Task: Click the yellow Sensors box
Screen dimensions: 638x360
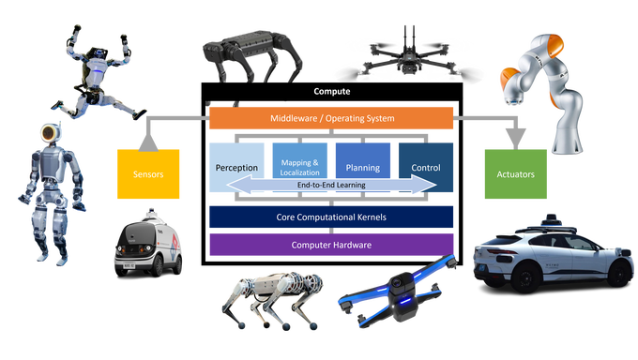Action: tap(148, 174)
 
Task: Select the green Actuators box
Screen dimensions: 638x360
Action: tap(515, 174)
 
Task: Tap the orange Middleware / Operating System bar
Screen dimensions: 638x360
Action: tap(331, 118)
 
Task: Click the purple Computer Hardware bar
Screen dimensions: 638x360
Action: tap(331, 245)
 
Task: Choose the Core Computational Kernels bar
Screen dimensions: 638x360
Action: tap(331, 217)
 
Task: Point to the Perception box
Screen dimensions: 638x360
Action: tap(236, 167)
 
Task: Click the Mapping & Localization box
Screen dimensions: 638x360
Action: tap(299, 167)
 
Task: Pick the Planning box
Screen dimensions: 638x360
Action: tap(362, 167)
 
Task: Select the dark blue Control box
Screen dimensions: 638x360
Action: tap(426, 167)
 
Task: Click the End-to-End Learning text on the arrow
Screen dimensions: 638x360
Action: tap(331, 185)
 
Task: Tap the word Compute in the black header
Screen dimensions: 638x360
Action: tap(331, 91)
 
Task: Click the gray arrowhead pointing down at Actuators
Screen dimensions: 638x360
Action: tap(515, 139)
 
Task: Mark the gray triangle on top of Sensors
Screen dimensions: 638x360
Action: tap(148, 143)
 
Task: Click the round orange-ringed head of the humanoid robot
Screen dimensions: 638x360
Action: tap(49, 132)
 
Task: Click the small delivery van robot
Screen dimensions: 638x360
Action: tap(148, 244)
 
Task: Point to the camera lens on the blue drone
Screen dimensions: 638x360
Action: tap(397, 282)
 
